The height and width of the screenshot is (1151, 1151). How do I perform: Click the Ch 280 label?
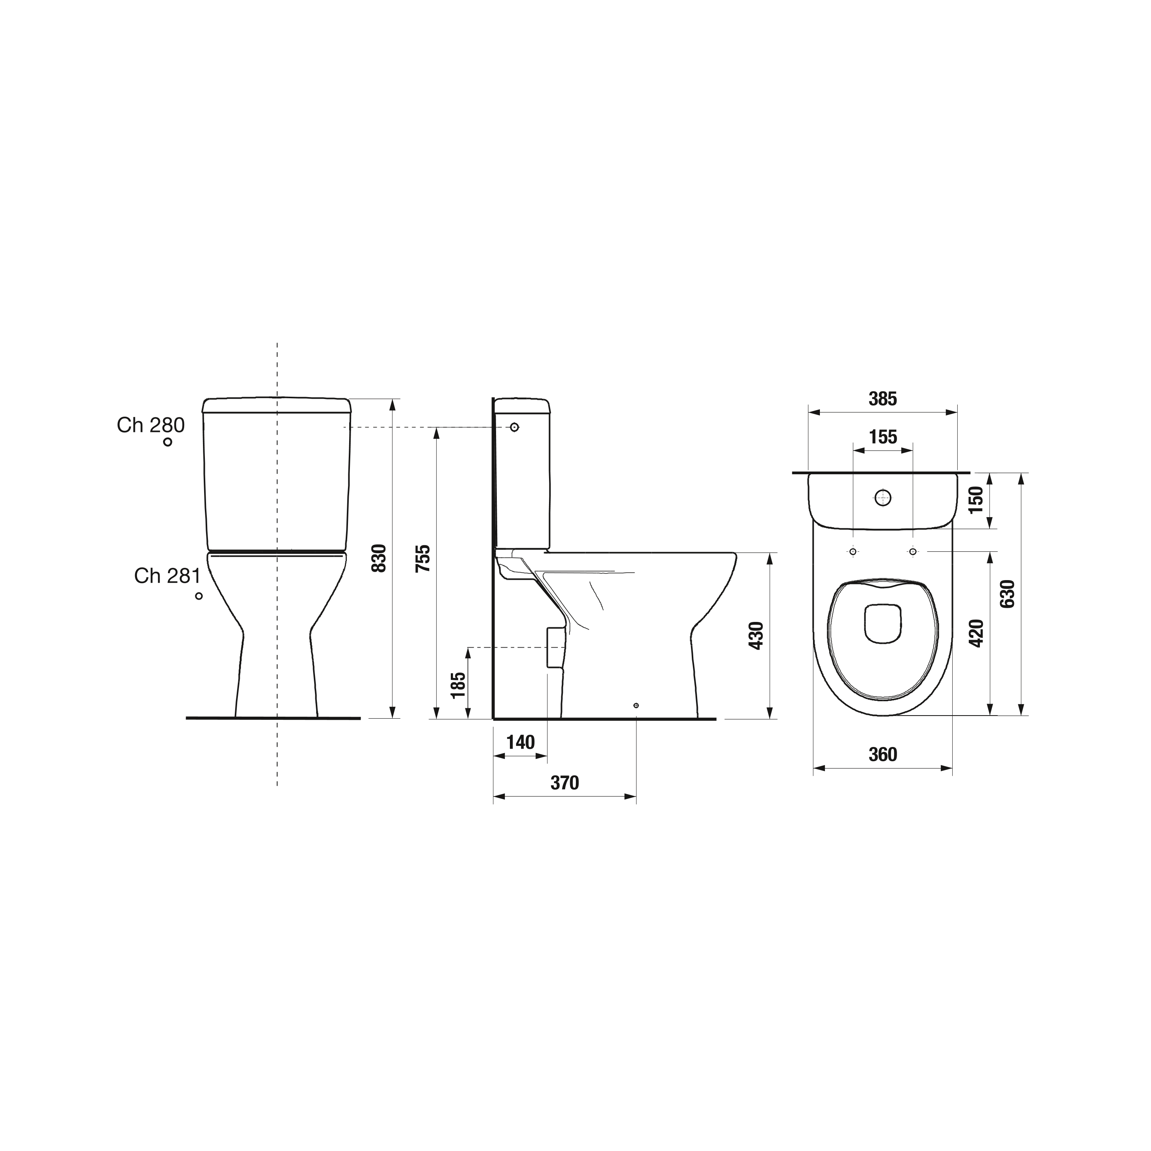click(x=151, y=425)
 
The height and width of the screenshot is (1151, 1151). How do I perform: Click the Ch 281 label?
click(x=167, y=575)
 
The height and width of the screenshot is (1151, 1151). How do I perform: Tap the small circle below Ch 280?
click(x=168, y=442)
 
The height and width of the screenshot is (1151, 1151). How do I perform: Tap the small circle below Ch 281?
click(x=199, y=596)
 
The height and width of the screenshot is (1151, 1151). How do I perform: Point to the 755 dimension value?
click(x=423, y=558)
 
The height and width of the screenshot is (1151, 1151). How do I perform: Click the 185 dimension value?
click(x=458, y=685)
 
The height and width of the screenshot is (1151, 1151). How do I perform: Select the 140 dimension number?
click(x=521, y=742)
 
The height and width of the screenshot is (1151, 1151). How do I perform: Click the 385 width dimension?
click(x=882, y=399)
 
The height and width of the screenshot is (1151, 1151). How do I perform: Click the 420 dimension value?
click(x=976, y=633)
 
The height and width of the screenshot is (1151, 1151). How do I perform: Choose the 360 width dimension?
click(x=882, y=755)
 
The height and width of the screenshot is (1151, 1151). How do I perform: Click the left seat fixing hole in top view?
click(x=853, y=552)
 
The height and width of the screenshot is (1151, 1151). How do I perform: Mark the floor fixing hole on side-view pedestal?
click(x=636, y=706)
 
